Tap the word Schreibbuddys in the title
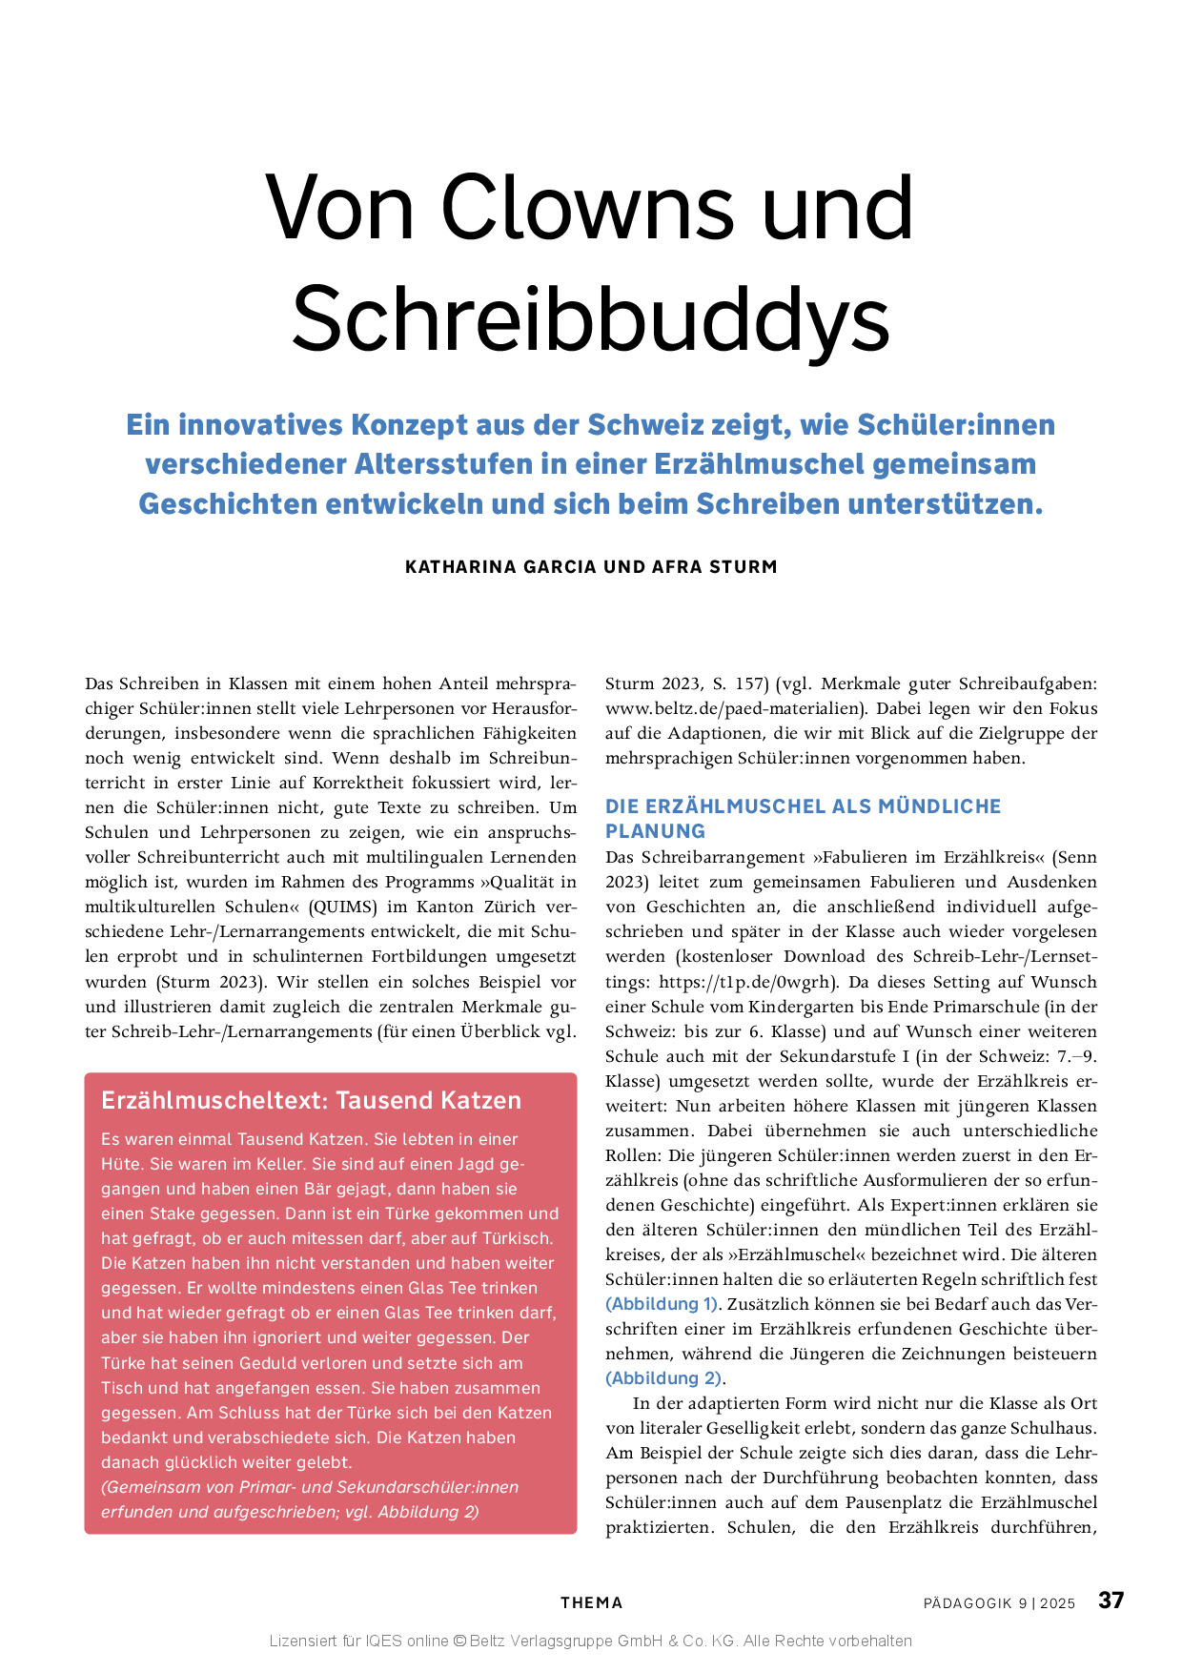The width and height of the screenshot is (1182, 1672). click(x=591, y=317)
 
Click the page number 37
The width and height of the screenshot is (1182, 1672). click(x=1111, y=1601)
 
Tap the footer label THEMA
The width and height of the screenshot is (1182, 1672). click(x=591, y=1603)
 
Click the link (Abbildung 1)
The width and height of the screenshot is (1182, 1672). click(x=662, y=1304)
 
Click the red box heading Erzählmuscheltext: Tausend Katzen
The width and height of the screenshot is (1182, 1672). click(x=311, y=1101)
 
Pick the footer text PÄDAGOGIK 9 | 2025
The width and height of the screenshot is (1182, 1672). click(x=999, y=1603)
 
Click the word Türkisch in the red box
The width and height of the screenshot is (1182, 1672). click(x=517, y=1239)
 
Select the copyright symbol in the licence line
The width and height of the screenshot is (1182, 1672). click(x=459, y=1641)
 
